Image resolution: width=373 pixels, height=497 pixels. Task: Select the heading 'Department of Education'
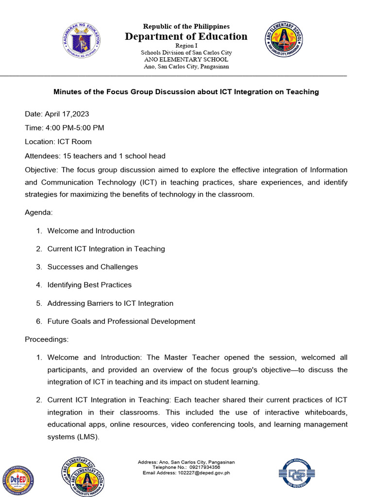coord(186,36)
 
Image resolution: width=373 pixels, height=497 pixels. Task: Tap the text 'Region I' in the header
coord(186,45)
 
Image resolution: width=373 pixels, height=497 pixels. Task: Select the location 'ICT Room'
coord(74,142)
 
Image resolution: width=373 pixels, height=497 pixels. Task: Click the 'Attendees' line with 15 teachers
coord(95,156)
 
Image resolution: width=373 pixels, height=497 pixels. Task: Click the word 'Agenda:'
coord(39,213)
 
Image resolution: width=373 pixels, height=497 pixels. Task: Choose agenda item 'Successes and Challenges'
coord(92,267)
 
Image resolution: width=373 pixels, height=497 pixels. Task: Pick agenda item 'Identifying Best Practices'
coord(89,285)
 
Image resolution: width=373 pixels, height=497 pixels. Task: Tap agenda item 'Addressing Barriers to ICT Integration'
coord(110,303)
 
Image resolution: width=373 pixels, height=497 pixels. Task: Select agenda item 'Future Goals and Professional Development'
coord(121,321)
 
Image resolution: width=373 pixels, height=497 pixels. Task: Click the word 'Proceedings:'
coord(47,339)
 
